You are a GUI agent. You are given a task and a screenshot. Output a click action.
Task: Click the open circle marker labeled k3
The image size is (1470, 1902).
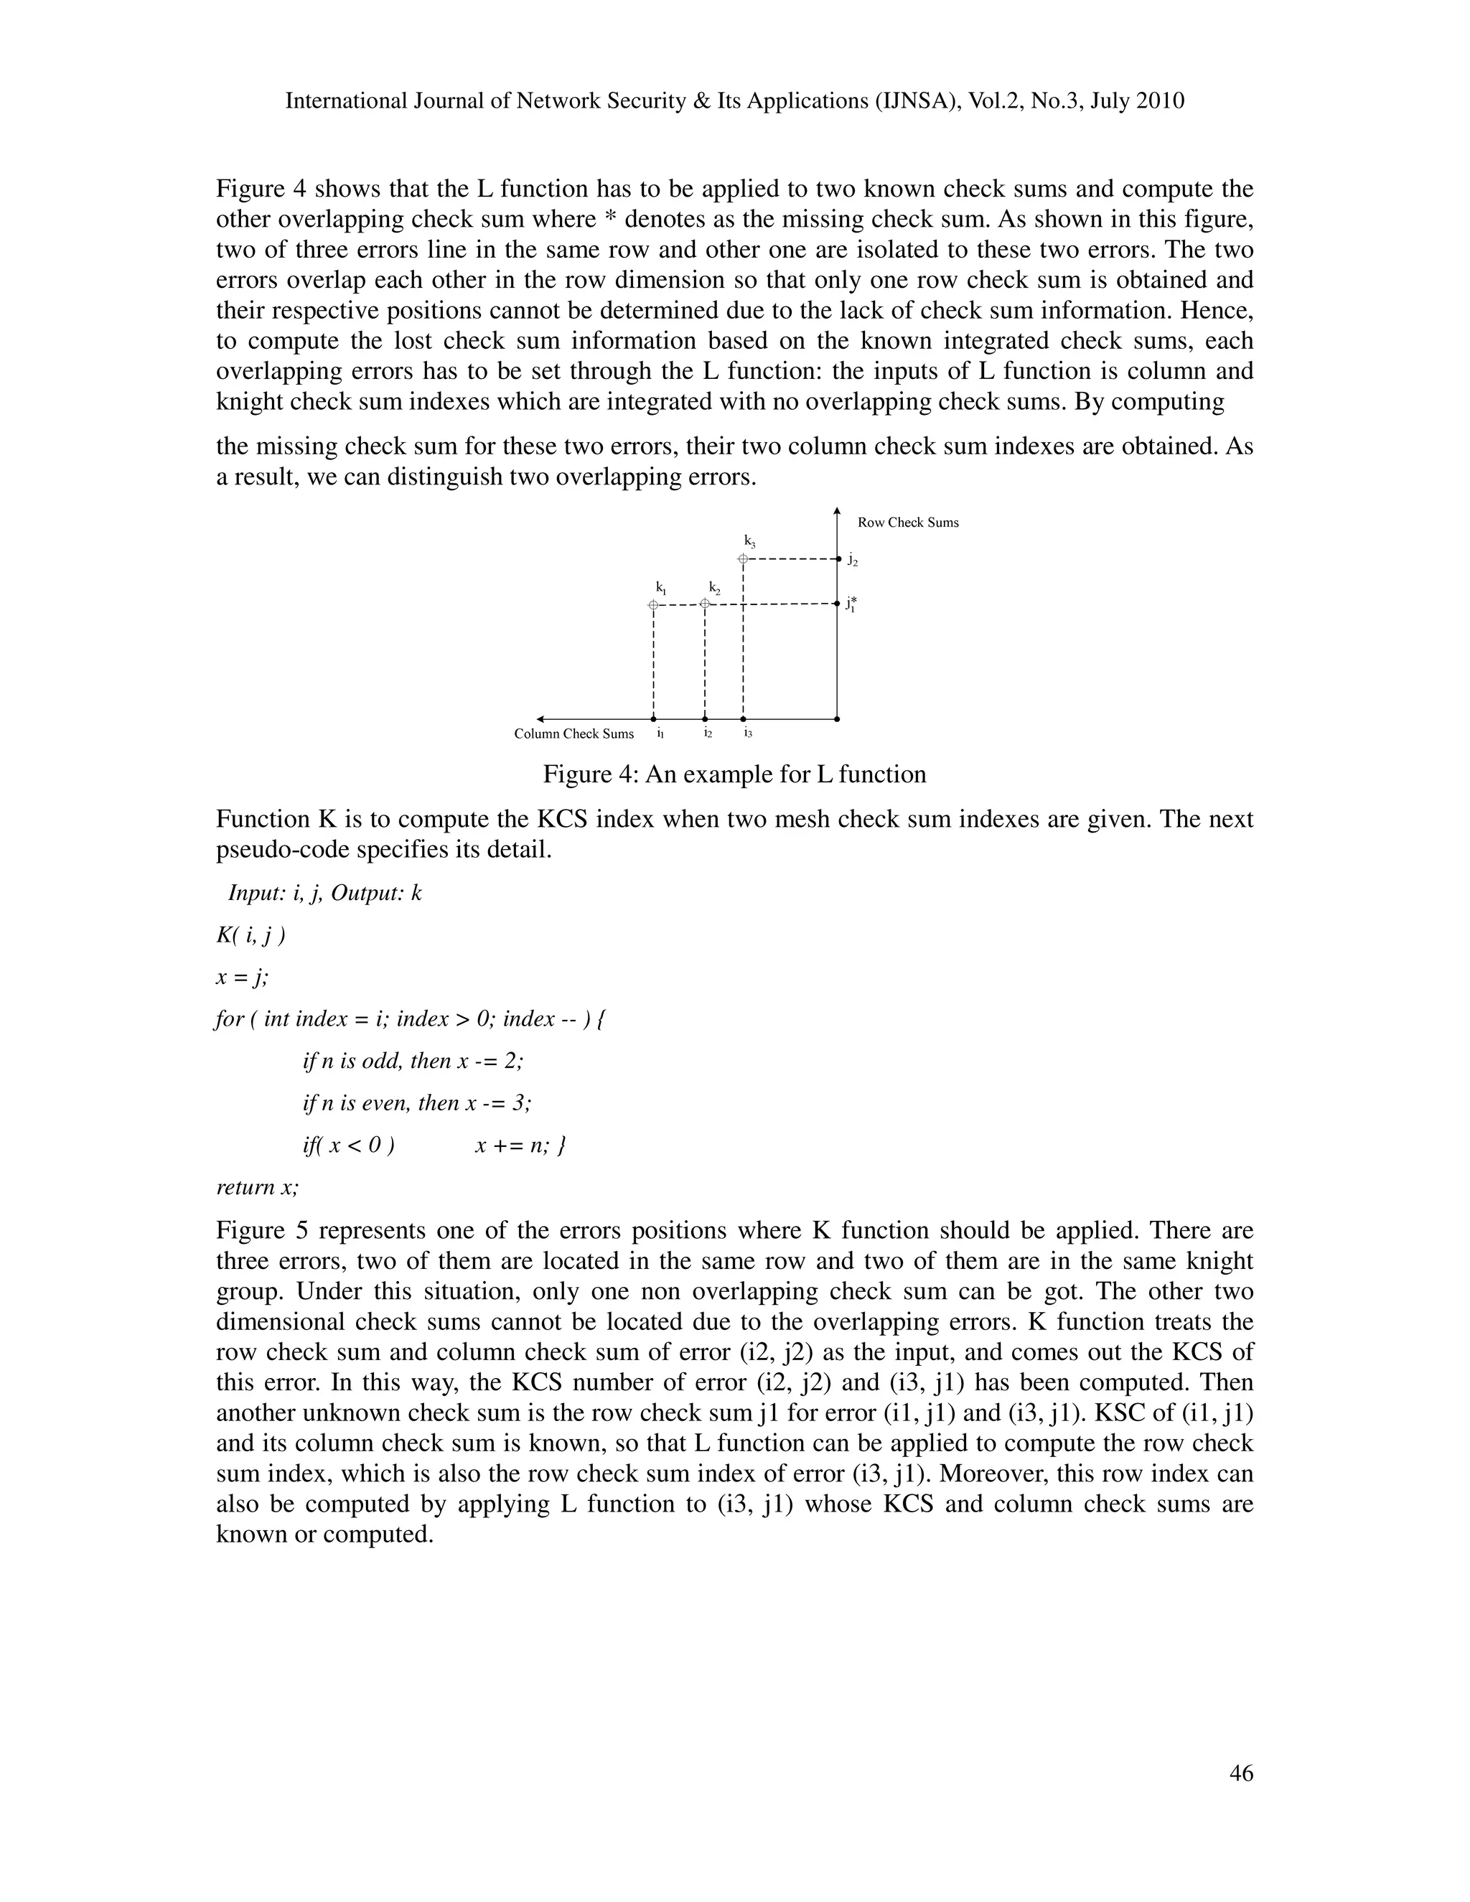click(743, 558)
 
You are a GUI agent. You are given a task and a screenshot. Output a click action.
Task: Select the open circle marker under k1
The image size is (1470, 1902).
click(653, 604)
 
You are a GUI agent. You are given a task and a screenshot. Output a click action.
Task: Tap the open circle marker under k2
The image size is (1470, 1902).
click(706, 604)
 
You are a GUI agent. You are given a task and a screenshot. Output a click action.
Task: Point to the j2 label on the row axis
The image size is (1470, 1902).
click(853, 562)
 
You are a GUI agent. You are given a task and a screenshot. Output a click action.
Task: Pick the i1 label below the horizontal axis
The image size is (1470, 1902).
click(660, 734)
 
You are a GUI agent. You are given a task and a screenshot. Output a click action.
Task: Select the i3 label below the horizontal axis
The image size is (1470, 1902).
click(747, 734)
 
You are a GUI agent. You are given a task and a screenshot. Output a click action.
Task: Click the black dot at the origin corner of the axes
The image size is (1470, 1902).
click(837, 719)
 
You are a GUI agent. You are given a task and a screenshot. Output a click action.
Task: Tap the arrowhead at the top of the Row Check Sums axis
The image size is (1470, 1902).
click(837, 510)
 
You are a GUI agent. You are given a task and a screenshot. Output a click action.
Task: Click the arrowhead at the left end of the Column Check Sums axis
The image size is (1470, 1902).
click(540, 719)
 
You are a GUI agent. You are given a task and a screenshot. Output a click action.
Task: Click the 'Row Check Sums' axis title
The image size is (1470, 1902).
click(907, 523)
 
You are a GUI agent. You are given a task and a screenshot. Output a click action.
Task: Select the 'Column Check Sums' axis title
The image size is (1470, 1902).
click(574, 734)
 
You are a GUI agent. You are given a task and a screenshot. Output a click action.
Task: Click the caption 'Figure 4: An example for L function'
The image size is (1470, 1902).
click(734, 774)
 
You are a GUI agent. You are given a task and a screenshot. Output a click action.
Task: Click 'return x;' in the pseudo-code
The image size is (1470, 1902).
click(258, 1187)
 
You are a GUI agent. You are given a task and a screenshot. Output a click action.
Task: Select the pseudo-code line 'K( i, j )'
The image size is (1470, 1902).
click(251, 935)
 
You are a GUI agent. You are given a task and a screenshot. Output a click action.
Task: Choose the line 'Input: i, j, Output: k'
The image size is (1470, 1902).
click(325, 894)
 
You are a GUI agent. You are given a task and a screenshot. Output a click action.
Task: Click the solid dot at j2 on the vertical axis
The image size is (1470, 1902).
click(837, 558)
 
